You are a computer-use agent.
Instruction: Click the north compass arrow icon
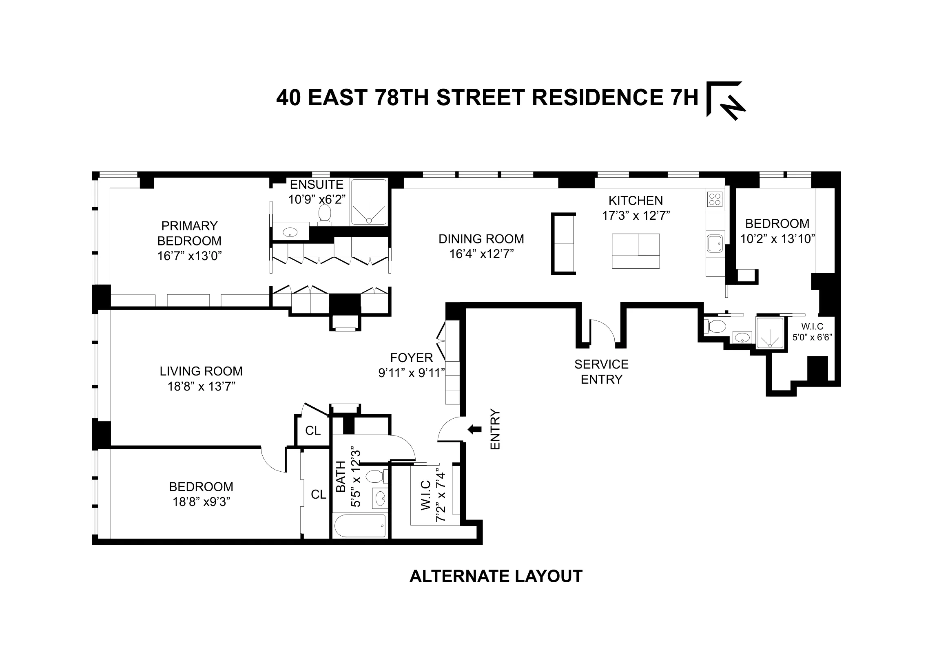(x=726, y=101)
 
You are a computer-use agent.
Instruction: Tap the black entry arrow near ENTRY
(x=474, y=429)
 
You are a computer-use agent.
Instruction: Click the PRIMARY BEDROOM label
(x=189, y=233)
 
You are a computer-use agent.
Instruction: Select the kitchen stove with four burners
(x=715, y=200)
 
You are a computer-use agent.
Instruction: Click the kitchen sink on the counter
(x=715, y=244)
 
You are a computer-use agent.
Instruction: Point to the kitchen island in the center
(x=636, y=251)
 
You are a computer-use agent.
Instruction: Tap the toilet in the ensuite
(x=325, y=213)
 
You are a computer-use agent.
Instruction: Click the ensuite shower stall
(x=369, y=202)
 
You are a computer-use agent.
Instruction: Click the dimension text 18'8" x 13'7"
(x=202, y=387)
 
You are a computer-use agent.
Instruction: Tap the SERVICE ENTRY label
(x=601, y=371)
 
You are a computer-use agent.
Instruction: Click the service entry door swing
(x=603, y=330)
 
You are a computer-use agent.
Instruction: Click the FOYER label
(x=412, y=358)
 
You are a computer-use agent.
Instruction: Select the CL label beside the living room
(x=313, y=431)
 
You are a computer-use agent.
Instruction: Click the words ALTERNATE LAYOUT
(x=496, y=576)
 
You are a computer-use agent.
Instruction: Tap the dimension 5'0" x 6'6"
(x=812, y=337)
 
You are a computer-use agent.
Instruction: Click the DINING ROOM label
(x=481, y=239)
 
